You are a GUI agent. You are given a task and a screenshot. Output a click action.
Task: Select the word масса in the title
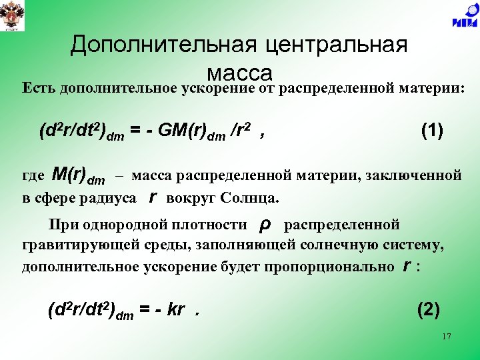[x=239, y=71]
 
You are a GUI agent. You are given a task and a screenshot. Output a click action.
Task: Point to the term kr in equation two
[x=175, y=311]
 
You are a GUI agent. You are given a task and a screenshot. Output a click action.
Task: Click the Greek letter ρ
[x=263, y=225]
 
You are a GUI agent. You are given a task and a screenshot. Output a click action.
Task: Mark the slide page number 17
[x=446, y=337]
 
